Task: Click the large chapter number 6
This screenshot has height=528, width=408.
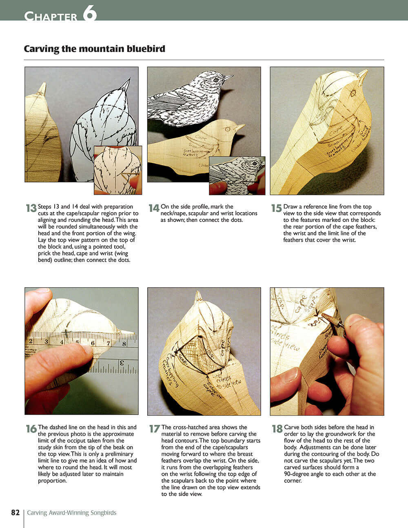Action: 90,13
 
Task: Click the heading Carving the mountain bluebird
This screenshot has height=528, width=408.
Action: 94,49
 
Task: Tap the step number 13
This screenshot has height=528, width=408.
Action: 31,208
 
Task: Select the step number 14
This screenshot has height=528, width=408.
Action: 153,208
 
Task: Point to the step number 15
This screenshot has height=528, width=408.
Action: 276,208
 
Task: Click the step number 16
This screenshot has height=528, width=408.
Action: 31,429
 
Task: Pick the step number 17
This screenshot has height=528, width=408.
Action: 154,429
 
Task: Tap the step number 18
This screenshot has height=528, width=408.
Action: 277,429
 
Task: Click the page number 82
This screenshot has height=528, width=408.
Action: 16,512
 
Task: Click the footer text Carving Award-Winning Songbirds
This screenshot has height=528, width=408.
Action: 71,513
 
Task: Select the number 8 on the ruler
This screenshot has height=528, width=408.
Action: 124,343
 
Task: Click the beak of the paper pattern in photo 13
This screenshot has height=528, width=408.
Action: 126,84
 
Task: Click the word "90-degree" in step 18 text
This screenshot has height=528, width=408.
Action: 298,474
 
